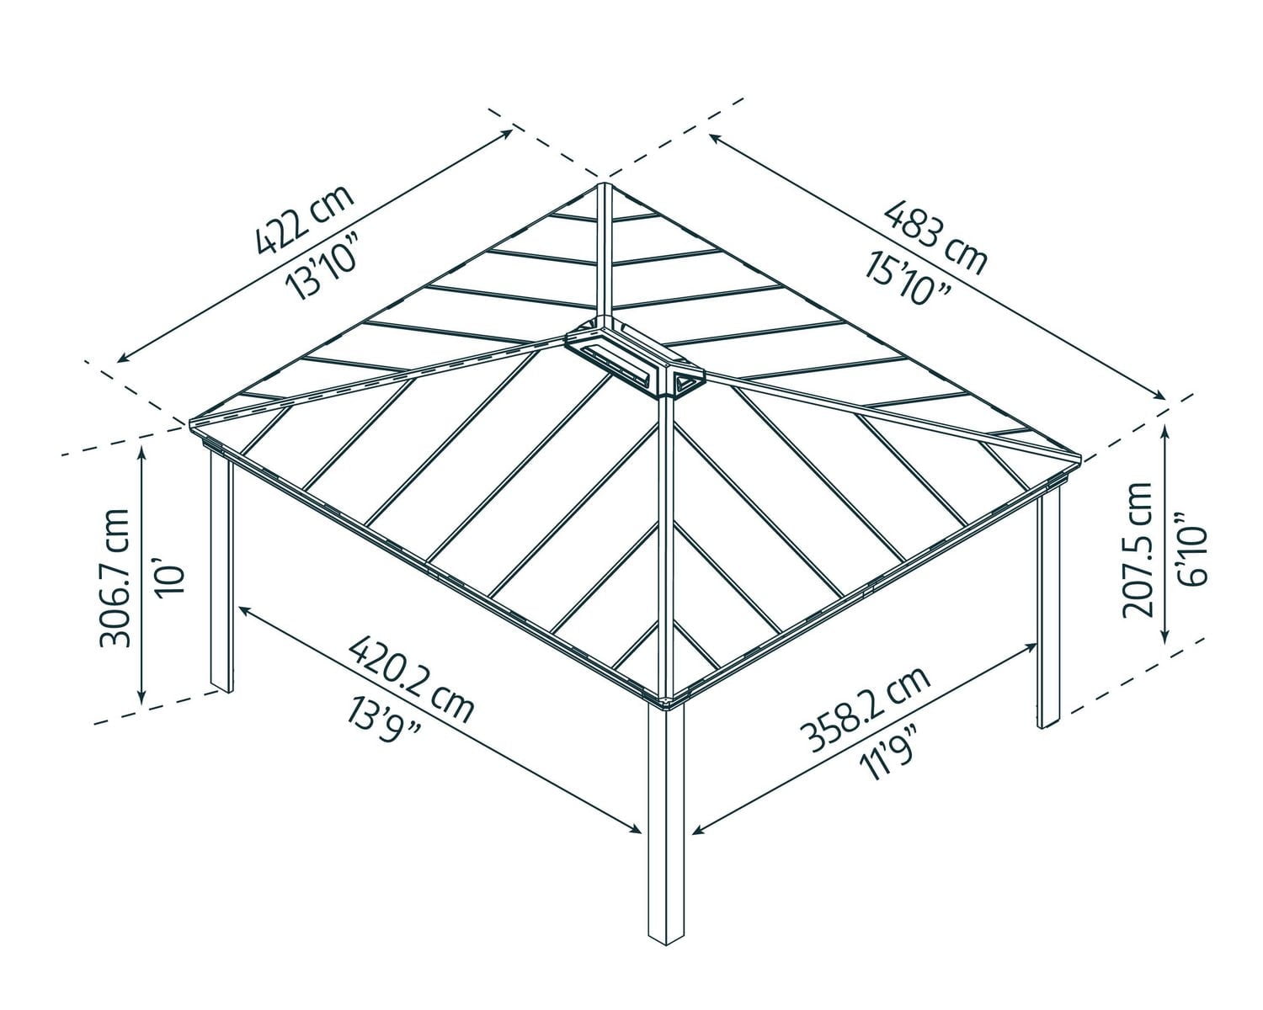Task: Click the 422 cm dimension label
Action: click(x=304, y=217)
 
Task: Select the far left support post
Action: click(x=220, y=572)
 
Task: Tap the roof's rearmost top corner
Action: click(x=602, y=183)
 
